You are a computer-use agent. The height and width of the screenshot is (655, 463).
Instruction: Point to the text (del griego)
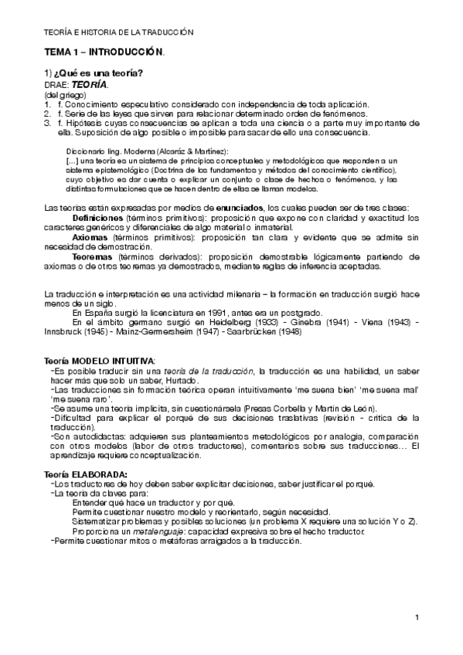click(x=65, y=94)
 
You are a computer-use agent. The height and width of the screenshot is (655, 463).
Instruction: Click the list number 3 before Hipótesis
click(x=47, y=123)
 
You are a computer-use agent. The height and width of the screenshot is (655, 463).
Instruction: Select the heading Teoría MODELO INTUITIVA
click(x=100, y=361)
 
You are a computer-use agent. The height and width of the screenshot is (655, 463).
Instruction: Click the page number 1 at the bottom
click(x=417, y=618)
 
